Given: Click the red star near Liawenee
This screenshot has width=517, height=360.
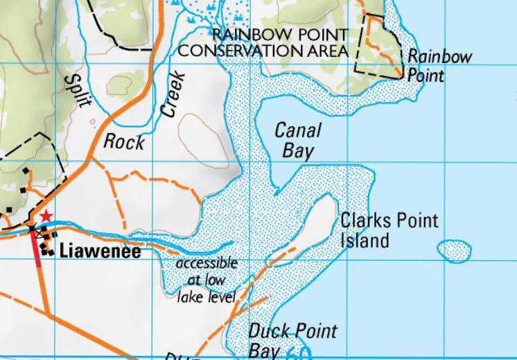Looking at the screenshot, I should (46, 217).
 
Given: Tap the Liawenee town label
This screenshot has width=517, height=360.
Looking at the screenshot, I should (100, 252).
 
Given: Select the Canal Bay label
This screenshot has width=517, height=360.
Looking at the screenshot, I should (298, 140).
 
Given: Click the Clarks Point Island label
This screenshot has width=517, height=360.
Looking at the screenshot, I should (389, 231).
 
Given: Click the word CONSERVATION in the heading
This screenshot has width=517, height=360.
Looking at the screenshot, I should (242, 51).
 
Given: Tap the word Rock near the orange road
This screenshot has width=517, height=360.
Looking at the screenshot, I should (124, 142).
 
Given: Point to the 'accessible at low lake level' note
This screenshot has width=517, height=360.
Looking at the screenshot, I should (207, 280).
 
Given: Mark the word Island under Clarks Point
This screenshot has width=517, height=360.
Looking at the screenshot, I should (365, 241).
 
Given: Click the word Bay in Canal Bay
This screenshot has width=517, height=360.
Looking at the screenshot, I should (299, 151).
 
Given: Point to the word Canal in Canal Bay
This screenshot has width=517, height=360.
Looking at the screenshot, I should (298, 130).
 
